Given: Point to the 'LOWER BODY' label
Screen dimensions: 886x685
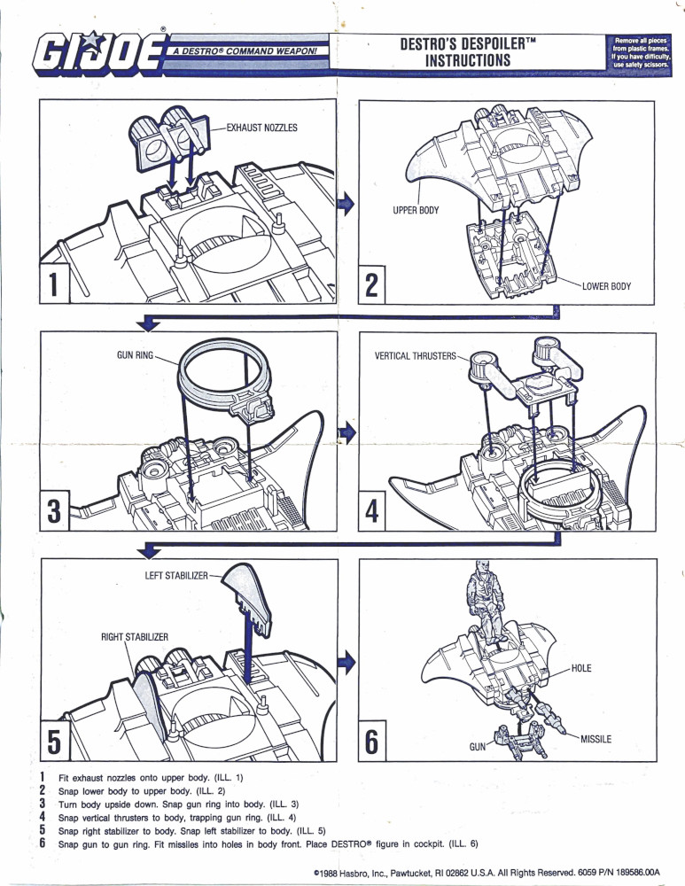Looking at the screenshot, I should pos(606,286).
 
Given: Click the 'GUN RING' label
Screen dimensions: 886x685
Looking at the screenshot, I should pos(136,355).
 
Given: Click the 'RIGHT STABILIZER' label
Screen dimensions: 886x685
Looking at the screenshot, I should pos(135,635).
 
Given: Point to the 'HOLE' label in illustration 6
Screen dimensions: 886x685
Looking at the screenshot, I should pos(581,667).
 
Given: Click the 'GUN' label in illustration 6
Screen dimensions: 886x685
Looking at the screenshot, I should pos(479,748).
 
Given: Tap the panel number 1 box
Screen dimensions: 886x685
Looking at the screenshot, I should pos(54,284).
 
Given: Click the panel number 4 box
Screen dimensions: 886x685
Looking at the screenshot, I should pos(372,512).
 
